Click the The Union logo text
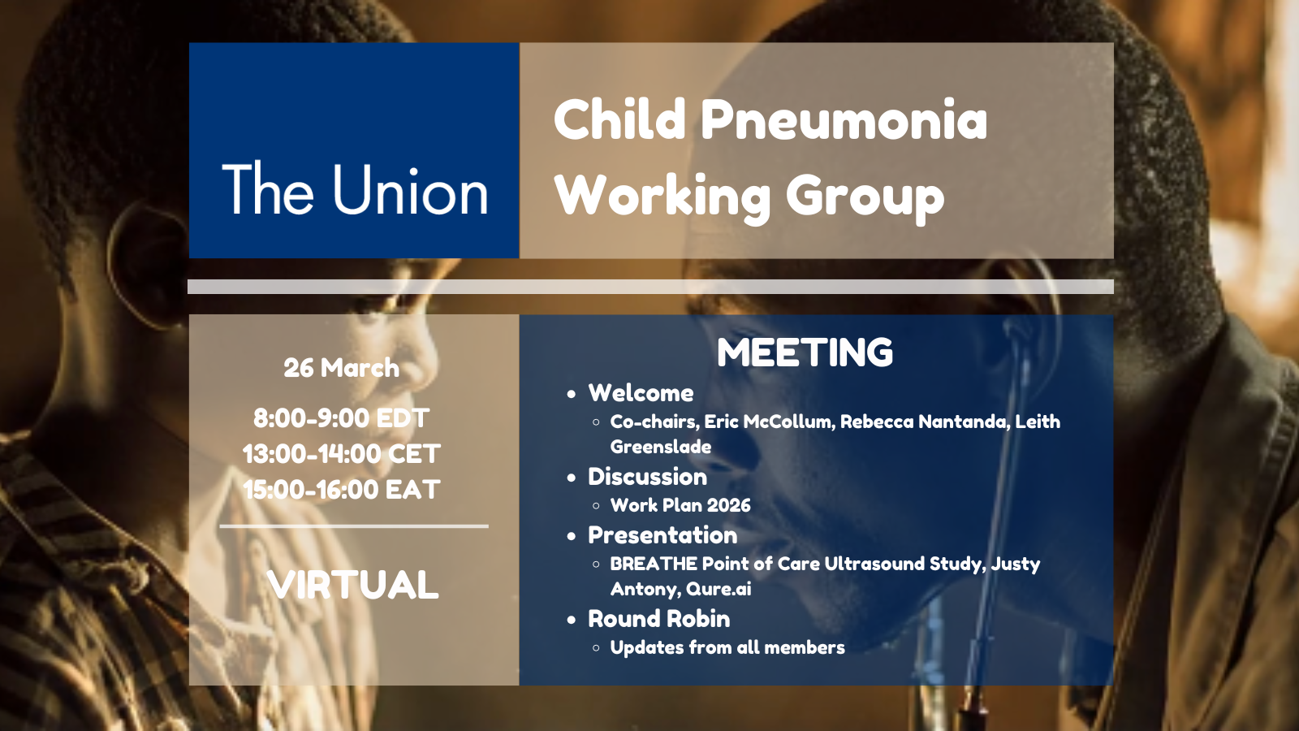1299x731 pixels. tap(355, 189)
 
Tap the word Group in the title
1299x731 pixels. tap(865, 197)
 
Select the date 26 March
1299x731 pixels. tap(342, 368)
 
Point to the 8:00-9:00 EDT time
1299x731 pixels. tap(342, 417)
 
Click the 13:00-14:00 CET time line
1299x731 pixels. tap(342, 454)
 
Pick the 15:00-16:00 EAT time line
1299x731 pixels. tap(342, 490)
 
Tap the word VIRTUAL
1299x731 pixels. tap(353, 584)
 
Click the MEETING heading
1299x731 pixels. tap(805, 353)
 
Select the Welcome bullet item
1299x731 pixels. tap(641, 393)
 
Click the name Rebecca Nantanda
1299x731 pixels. tap(923, 422)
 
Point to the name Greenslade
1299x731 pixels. tap(661, 447)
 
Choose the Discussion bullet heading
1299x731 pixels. tap(648, 477)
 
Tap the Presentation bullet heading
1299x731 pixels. tap(662, 535)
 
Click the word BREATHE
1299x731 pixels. tap(654, 564)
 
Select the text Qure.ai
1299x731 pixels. tap(719, 589)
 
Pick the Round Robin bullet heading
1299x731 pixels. tap(658, 619)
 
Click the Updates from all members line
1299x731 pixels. tap(727, 647)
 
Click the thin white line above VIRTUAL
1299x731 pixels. tap(354, 526)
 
